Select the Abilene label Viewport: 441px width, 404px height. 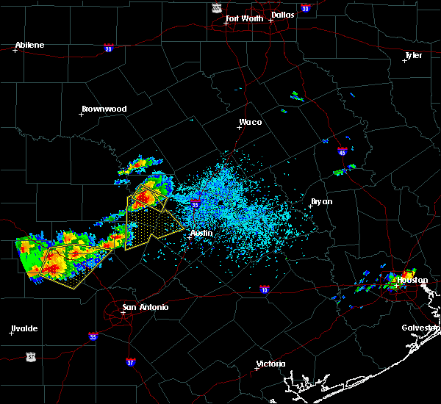coord(30,45)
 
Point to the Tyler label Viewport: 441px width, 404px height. coord(414,55)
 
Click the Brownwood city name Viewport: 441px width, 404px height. coord(104,109)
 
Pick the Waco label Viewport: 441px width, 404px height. coord(250,123)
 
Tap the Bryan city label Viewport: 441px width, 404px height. coord(321,201)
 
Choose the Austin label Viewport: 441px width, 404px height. coord(201,233)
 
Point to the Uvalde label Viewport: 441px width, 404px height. coord(24,328)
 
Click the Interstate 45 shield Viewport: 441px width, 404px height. coord(342,152)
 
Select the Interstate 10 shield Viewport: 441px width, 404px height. coord(264,290)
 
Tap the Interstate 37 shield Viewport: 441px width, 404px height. coord(130,362)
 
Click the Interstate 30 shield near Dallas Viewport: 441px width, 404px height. coord(304,8)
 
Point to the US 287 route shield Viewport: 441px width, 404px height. coord(216,7)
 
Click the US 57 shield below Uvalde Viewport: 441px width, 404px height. coord(30,356)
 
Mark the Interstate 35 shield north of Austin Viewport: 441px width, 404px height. coord(195,204)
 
